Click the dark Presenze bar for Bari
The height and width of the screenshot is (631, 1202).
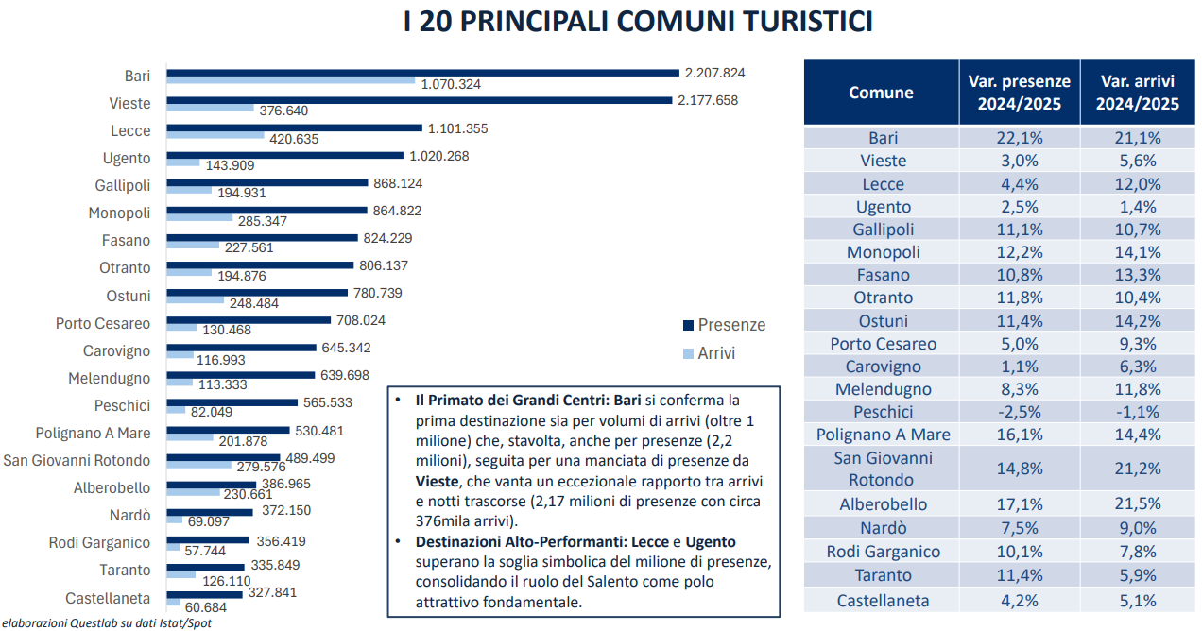(422, 72)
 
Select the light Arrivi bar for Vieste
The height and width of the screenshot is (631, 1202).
(210, 109)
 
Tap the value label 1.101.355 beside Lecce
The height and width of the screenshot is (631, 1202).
(458, 128)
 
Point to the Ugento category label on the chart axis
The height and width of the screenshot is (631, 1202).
(127, 158)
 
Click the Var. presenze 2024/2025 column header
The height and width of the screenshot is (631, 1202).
(1020, 93)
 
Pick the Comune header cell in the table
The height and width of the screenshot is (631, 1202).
(881, 93)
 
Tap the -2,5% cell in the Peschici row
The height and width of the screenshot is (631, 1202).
(1020, 412)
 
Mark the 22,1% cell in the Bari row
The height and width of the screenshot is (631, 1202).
(1020, 138)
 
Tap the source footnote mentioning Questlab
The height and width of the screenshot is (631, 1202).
(106, 622)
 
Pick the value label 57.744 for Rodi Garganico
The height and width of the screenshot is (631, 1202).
(207, 550)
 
